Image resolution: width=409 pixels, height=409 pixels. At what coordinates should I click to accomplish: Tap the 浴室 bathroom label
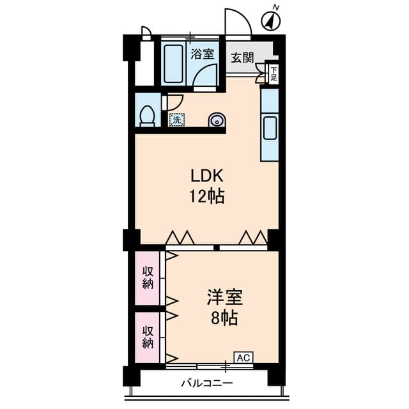click(203, 54)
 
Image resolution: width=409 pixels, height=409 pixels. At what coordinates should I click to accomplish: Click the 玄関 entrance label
click(242, 58)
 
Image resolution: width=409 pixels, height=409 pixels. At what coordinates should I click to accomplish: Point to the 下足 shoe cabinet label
click(274, 73)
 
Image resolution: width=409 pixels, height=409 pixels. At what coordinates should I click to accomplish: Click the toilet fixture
click(148, 116)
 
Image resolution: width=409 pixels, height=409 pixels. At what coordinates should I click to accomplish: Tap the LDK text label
click(206, 175)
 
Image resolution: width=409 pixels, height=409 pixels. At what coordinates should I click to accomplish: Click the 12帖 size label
click(206, 197)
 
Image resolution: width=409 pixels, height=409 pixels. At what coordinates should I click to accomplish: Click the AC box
click(243, 357)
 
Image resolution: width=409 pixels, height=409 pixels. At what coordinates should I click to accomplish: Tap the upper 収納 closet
click(148, 279)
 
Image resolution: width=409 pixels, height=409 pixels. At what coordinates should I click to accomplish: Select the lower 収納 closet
click(148, 337)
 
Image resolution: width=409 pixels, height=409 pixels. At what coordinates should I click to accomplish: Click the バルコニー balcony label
click(206, 383)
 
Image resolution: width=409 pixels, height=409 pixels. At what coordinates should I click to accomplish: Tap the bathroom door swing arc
click(206, 77)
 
